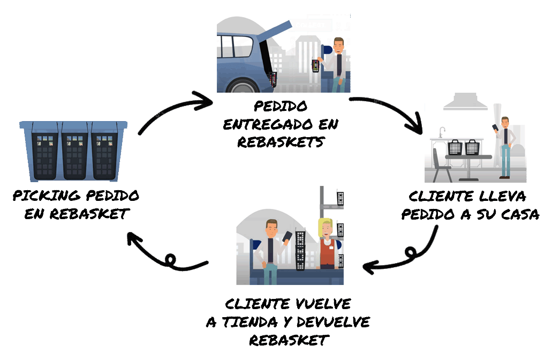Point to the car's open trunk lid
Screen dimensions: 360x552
(276, 29)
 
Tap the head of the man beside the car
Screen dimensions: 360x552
(338, 44)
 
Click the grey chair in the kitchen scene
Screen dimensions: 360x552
(441, 166)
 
